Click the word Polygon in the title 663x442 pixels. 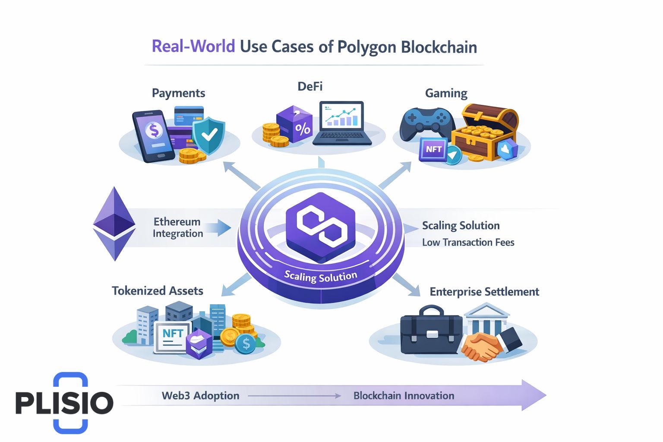pyautogui.click(x=366, y=47)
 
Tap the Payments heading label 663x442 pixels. pyautogui.click(x=178, y=93)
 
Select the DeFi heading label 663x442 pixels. pyautogui.click(x=310, y=86)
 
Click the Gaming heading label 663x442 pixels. pyautogui.click(x=446, y=93)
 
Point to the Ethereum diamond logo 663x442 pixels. pyautogui.click(x=114, y=224)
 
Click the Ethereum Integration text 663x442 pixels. pyautogui.click(x=178, y=227)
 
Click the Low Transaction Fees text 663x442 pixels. pyautogui.click(x=468, y=243)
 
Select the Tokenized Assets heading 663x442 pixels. pyautogui.click(x=158, y=291)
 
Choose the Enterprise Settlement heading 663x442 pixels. pyautogui.click(x=484, y=292)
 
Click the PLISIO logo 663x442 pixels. pyautogui.click(x=65, y=402)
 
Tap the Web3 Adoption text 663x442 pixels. pyautogui.click(x=200, y=396)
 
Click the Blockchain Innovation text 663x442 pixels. pyautogui.click(x=404, y=396)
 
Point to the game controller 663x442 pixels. pyautogui.click(x=426, y=123)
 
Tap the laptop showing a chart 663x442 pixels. pyautogui.click(x=342, y=123)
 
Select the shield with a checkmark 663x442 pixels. pyautogui.click(x=209, y=134)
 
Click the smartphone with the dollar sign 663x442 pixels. pyautogui.click(x=154, y=136)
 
